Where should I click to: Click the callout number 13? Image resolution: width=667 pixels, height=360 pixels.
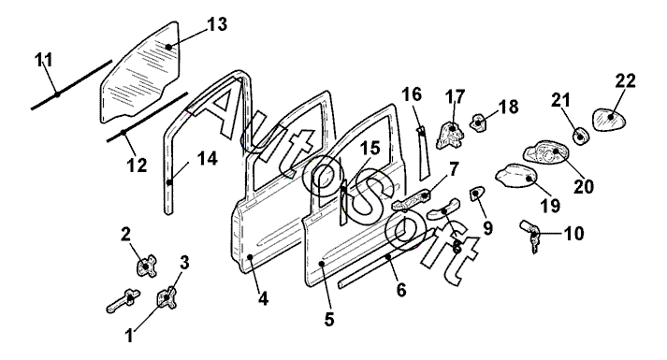click(217, 24)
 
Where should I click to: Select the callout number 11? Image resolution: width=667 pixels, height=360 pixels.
click(44, 60)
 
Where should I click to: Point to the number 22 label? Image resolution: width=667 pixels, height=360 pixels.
click(625, 80)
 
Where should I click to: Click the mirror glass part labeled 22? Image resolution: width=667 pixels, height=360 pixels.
click(609, 119)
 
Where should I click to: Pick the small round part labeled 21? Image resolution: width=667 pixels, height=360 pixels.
click(580, 136)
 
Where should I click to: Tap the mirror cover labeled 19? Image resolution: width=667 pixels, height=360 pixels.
click(516, 175)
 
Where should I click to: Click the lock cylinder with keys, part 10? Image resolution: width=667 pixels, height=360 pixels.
click(529, 237)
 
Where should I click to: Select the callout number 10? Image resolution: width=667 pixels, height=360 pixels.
click(573, 234)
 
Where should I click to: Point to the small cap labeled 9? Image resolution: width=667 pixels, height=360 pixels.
click(476, 194)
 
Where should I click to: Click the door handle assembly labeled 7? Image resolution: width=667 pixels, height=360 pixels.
click(412, 201)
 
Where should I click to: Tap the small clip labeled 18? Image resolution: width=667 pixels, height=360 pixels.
click(479, 122)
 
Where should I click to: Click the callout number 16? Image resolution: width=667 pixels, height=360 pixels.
click(412, 94)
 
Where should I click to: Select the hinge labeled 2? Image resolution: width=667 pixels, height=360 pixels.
click(146, 266)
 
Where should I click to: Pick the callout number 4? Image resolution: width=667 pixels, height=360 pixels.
click(263, 299)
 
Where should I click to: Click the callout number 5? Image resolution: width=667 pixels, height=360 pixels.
click(329, 320)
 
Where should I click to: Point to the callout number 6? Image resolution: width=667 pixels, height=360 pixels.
click(400, 290)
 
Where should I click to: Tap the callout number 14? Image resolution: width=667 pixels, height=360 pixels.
click(208, 159)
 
